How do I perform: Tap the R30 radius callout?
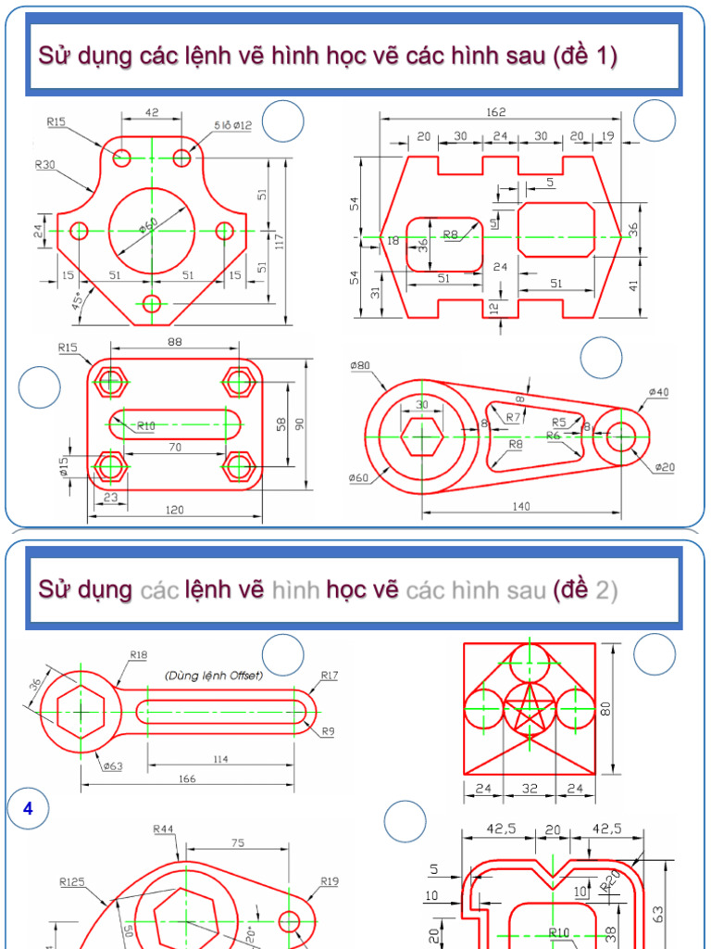click(44, 165)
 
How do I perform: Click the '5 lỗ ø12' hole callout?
click(232, 124)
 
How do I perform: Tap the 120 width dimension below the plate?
click(175, 510)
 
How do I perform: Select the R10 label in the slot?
click(146, 425)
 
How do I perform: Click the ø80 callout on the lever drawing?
click(359, 365)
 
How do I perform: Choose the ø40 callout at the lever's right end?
click(658, 392)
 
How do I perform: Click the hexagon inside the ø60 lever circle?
click(422, 435)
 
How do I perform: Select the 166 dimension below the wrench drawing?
click(186, 779)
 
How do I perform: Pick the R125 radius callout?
click(72, 881)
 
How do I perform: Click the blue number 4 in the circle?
click(28, 809)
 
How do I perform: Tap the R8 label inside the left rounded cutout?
click(450, 234)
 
